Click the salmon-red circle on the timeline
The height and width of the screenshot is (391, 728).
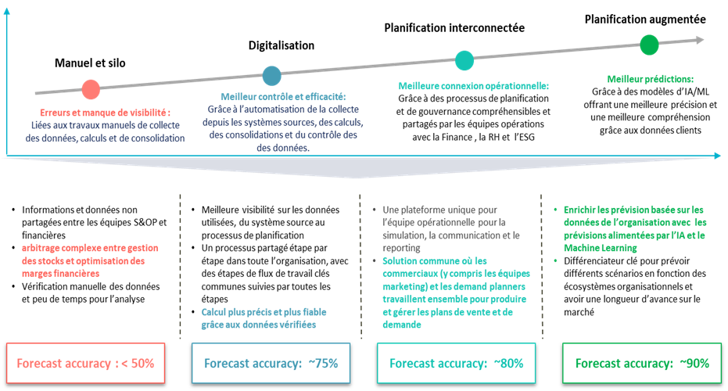tap(91, 89)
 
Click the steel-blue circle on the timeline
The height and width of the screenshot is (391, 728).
tap(272, 75)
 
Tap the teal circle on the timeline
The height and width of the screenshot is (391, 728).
tap(464, 60)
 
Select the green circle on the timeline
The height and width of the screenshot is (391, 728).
tap(649, 45)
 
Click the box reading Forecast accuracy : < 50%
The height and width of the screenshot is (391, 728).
tap(86, 363)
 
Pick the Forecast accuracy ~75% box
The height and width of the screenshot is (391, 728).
tap(271, 363)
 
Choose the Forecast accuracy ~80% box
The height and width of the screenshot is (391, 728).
tap(456, 363)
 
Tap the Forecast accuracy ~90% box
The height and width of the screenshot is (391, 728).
tap(641, 363)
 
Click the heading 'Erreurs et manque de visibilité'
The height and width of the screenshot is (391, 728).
tap(105, 113)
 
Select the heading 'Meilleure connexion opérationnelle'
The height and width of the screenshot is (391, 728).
tap(474, 86)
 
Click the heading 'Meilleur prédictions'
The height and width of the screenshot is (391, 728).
tap(651, 79)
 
